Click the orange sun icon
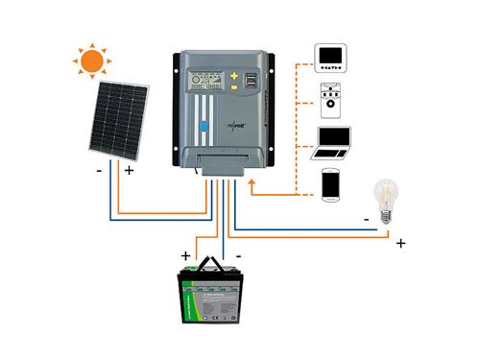92,61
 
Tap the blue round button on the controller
204,125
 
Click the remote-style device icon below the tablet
332,98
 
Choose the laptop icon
333,143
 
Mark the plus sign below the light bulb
400,244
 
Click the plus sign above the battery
184,255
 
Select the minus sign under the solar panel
99,173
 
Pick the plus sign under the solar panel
129,173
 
